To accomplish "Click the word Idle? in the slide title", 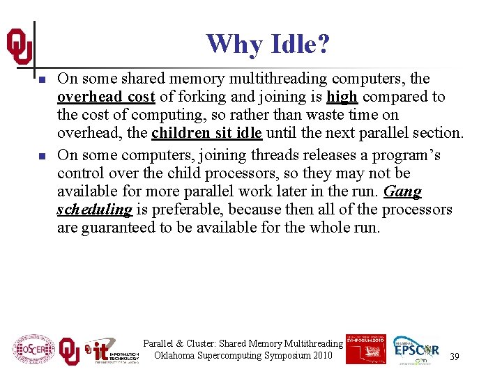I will (296, 45).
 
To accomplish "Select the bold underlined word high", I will (342, 97).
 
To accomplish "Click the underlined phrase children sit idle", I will (206, 133).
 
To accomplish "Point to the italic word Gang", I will (404, 191).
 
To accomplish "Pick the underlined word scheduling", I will (94, 209).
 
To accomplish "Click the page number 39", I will (454, 357).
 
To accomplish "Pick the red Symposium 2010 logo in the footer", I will (365, 348).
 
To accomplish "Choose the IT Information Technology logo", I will (112, 351).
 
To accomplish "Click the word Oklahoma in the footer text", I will (176, 356).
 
